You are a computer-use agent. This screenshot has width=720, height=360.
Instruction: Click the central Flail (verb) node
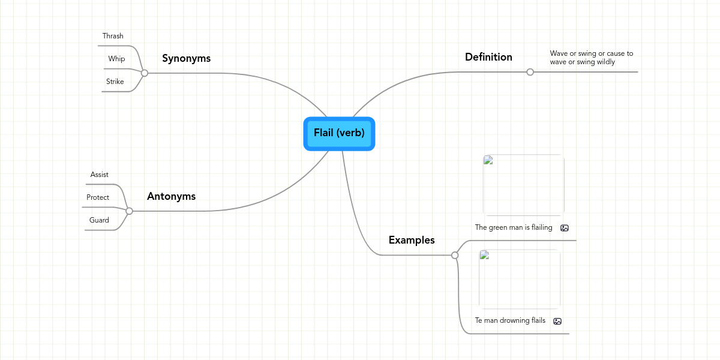[x=339, y=133]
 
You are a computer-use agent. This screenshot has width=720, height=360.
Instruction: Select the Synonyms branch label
[x=186, y=58]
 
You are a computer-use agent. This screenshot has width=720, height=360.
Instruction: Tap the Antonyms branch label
[x=171, y=196]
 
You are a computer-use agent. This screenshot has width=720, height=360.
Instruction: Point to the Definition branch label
[x=488, y=57]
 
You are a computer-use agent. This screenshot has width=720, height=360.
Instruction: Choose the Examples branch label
[x=412, y=240]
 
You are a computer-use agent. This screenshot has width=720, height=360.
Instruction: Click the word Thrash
[x=113, y=36]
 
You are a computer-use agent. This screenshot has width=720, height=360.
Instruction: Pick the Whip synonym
[x=116, y=59]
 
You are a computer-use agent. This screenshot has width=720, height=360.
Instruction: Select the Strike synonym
[x=115, y=82]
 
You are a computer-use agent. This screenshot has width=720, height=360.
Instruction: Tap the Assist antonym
[x=100, y=175]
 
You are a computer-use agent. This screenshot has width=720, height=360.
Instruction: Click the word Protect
[x=98, y=197]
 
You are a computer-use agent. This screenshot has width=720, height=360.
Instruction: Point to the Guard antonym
[x=99, y=220]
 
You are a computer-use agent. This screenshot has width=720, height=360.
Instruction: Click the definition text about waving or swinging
[x=591, y=58]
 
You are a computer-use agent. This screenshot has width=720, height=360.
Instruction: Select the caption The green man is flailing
[x=514, y=227]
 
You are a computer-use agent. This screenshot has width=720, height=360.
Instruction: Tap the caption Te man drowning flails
[x=510, y=320]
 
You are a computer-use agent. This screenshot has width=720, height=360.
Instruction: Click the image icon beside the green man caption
[x=564, y=228]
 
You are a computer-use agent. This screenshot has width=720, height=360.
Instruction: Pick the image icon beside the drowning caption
[x=557, y=321]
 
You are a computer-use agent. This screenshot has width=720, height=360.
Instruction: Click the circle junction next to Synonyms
[x=145, y=73]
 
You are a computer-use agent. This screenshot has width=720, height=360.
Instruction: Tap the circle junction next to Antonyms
[x=129, y=211]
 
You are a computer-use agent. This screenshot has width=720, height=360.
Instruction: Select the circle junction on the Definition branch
[x=530, y=72]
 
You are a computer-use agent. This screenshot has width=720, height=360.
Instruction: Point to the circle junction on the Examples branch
[x=455, y=255]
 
